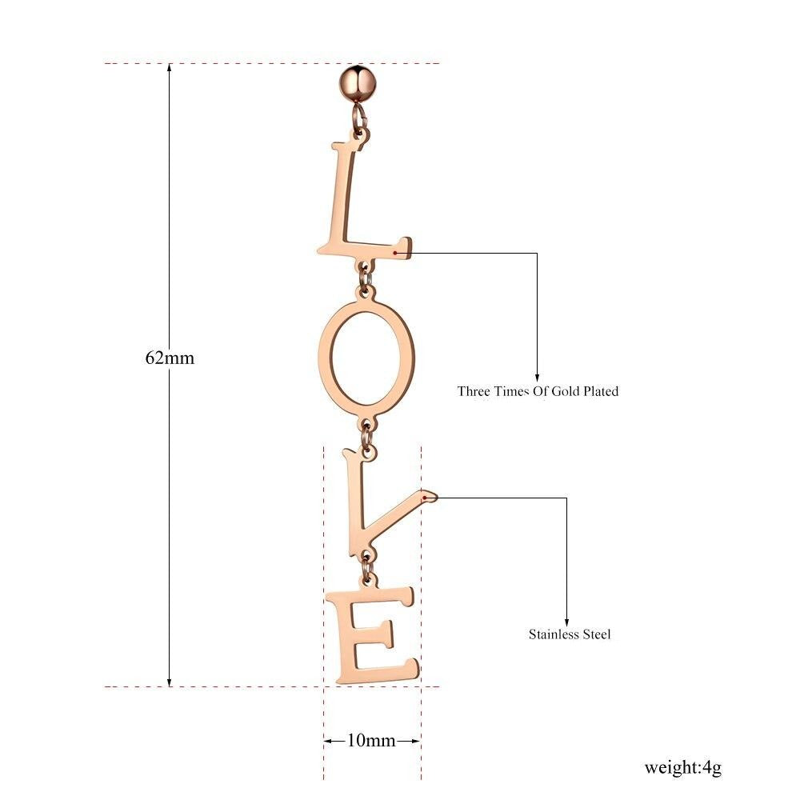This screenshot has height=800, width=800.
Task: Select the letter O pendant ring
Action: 325,357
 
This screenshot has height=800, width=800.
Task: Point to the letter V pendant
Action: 357,515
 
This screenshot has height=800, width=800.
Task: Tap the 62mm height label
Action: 170,358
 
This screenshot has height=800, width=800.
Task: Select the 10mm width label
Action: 371,740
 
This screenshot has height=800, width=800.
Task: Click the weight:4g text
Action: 682,767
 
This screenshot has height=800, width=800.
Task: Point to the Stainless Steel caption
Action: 570,634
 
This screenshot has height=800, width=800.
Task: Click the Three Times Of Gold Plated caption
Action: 538,391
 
